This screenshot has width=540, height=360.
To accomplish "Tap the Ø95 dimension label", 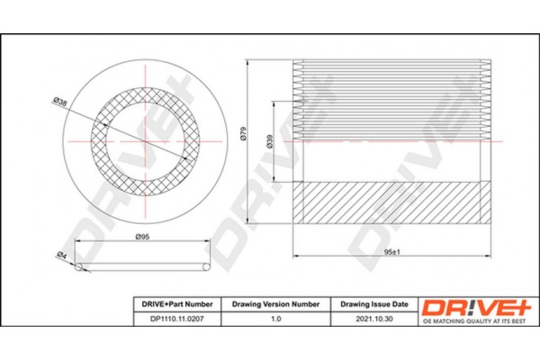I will point(141,237).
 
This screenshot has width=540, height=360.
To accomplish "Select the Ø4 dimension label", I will point(62,256).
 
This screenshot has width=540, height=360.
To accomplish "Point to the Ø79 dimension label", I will point(243,135).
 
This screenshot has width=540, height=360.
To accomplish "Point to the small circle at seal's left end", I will point(78,267).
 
